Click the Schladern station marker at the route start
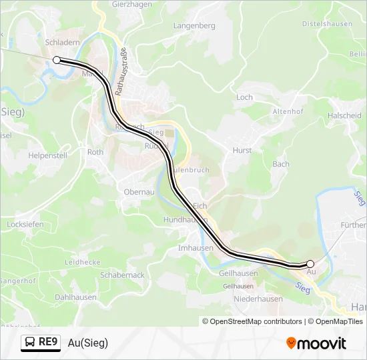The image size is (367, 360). [x=57, y=60]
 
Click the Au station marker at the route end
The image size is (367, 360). [x=310, y=264]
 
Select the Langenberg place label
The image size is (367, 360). [x=194, y=26]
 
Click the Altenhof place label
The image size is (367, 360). [x=288, y=112]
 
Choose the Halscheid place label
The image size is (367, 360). [x=344, y=115]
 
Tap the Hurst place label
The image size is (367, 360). [x=242, y=151]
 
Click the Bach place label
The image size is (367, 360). [x=281, y=164]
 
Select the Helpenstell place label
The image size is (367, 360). [x=47, y=155]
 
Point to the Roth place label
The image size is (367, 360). [x=95, y=152]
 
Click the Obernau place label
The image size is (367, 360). [x=139, y=192]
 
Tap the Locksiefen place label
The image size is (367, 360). [x=25, y=225]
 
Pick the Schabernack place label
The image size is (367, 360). [x=122, y=275]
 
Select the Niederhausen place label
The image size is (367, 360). [x=258, y=299]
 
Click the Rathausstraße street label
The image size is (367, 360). [x=121, y=72]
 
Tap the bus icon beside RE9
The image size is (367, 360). [x=30, y=343]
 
